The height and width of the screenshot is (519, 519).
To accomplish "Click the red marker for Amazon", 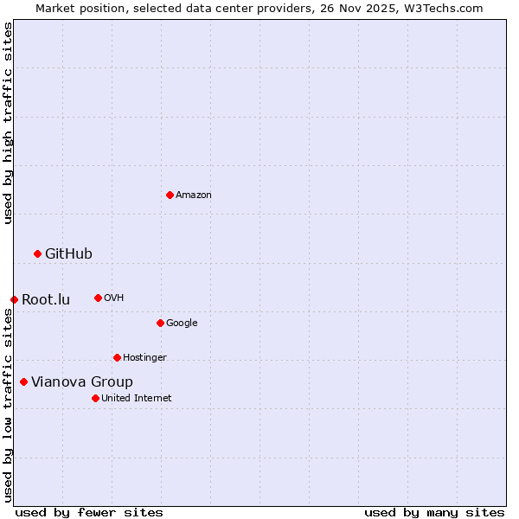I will point(170,195).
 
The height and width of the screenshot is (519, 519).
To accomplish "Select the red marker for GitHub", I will point(37,253).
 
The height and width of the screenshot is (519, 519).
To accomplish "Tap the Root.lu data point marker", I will point(14,299).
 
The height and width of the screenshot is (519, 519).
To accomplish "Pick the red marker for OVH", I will point(98,298).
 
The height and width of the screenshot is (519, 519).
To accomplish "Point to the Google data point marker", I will point(160,323).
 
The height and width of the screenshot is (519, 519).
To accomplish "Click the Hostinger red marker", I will point(117,357).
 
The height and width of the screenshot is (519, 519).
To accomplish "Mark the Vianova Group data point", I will point(23,381).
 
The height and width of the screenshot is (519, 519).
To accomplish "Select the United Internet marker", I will point(95,398).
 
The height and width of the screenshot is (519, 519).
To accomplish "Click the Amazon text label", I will point(194,195).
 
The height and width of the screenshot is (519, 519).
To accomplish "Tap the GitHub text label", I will point(68,254).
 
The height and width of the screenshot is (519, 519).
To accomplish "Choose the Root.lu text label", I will point(46,300).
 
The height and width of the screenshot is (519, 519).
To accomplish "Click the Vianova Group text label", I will point(82,382).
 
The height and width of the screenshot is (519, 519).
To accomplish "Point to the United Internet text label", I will point(137,399).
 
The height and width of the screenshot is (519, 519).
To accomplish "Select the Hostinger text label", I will point(144,358).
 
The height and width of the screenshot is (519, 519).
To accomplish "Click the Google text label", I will point(182,324).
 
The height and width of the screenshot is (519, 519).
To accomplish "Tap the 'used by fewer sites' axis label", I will point(89,512).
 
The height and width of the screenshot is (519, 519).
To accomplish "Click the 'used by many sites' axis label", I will point(434,512).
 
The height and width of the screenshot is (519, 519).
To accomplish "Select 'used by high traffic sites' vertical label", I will point(8,123).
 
